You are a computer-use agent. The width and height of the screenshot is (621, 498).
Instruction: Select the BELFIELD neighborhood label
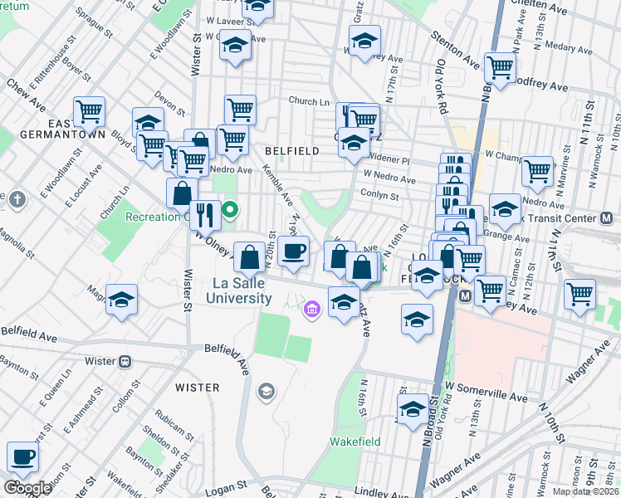pyautogui.click(x=291, y=151)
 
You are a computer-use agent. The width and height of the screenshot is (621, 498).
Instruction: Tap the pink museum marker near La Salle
pyautogui.click(x=311, y=310)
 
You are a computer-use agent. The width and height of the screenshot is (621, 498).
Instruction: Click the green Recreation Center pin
pyautogui.click(x=231, y=211)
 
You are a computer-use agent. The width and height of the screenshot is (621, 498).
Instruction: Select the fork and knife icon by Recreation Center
pyautogui.click(x=205, y=215)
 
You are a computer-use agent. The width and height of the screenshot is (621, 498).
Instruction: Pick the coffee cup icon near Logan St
pyautogui.click(x=23, y=456)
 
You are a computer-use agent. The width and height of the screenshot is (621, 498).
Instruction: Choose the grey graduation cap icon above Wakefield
pyautogui.click(x=266, y=391)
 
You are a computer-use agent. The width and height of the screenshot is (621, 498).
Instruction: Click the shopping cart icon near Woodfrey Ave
pyautogui.click(x=500, y=66)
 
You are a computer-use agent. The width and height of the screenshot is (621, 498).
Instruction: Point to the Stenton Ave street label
pyautogui.click(x=455, y=50)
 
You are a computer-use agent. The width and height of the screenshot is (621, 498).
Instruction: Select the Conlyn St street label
pyautogui.click(x=380, y=197)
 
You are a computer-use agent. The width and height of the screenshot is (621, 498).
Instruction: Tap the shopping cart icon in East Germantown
pyautogui.click(x=89, y=110)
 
